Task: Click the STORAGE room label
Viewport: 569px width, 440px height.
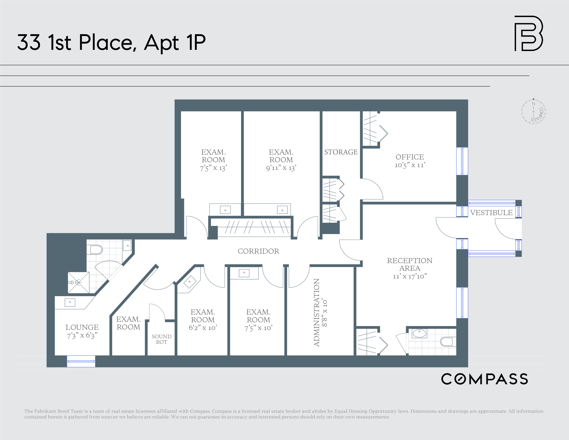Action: click(x=341, y=152)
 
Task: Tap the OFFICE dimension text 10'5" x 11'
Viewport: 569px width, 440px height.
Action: click(x=409, y=165)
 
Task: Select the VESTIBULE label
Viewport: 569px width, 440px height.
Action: click(x=491, y=213)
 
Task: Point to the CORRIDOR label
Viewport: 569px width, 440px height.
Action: click(x=258, y=251)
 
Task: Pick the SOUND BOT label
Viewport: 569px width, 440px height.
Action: click(x=162, y=339)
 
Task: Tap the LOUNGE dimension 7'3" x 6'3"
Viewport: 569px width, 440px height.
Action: click(x=82, y=335)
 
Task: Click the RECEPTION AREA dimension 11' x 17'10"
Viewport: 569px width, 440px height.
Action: click(x=409, y=276)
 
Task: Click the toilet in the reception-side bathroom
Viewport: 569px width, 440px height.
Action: click(x=447, y=342)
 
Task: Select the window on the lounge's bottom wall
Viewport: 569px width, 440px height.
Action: click(x=81, y=361)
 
